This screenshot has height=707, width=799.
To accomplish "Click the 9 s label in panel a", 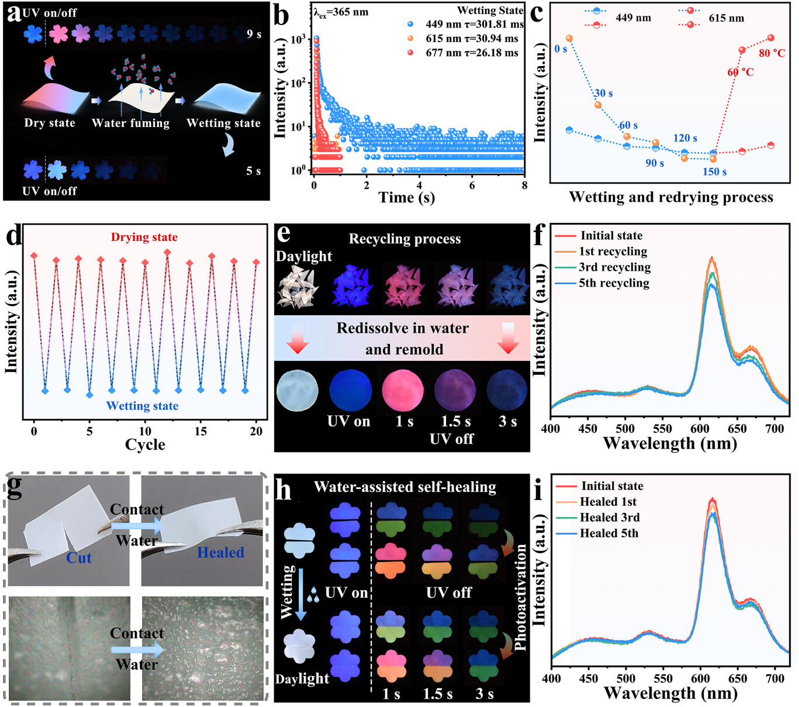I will pyautogui.click(x=254, y=34).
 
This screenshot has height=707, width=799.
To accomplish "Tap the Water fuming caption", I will pyautogui.click(x=130, y=123).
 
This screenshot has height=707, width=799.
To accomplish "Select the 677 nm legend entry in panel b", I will pyautogui.click(x=472, y=53).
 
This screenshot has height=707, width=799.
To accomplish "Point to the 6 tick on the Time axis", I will pyautogui.click(x=472, y=185).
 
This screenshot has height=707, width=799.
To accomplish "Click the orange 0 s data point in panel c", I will pyautogui.click(x=569, y=39).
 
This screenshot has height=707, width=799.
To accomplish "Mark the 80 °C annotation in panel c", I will pyautogui.click(x=772, y=53).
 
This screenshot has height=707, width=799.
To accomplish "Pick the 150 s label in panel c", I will pyautogui.click(x=714, y=172).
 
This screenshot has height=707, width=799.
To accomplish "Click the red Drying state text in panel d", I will pyautogui.click(x=144, y=237).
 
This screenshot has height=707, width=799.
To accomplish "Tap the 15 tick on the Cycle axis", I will pyautogui.click(x=200, y=431).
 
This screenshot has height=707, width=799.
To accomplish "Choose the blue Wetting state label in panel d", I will pyautogui.click(x=142, y=406).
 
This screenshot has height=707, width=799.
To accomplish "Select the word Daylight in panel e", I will pyautogui.click(x=304, y=256).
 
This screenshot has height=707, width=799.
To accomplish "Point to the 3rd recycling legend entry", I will pyautogui.click(x=614, y=267).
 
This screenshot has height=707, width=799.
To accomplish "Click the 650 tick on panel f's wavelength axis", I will pyautogui.click(x=737, y=429).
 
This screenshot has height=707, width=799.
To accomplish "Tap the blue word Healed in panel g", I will pyautogui.click(x=220, y=553).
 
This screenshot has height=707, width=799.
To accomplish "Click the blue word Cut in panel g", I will pyautogui.click(x=79, y=558).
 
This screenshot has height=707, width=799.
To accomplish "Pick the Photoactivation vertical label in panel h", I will pyautogui.click(x=520, y=596).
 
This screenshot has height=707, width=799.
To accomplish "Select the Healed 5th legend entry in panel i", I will pyautogui.click(x=608, y=533).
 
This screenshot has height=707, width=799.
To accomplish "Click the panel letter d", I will pyautogui.click(x=14, y=236).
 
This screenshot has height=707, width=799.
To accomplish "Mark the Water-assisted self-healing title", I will pyautogui.click(x=404, y=487).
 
